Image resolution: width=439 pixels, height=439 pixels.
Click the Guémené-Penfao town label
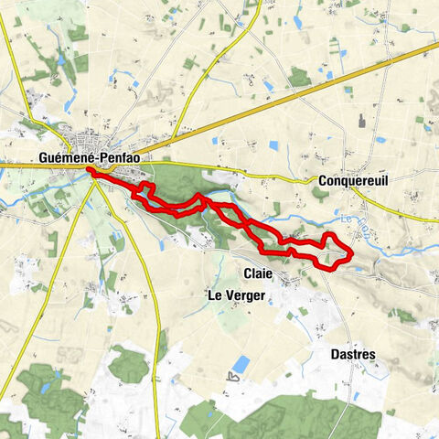[x=86, y=158]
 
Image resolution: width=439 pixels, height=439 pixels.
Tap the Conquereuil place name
[x=353, y=181]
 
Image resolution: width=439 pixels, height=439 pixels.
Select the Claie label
[x=258, y=273]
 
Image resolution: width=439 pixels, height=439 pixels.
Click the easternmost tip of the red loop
[x=353, y=253]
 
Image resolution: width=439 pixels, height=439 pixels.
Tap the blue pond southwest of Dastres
[x=240, y=364]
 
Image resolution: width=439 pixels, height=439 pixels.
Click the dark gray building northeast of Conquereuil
[x=364, y=120]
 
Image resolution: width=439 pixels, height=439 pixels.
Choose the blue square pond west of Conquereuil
[x=273, y=145]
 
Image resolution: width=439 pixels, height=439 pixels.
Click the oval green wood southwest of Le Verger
[x=128, y=363]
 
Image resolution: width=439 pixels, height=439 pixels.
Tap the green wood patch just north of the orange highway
[x=300, y=77]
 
